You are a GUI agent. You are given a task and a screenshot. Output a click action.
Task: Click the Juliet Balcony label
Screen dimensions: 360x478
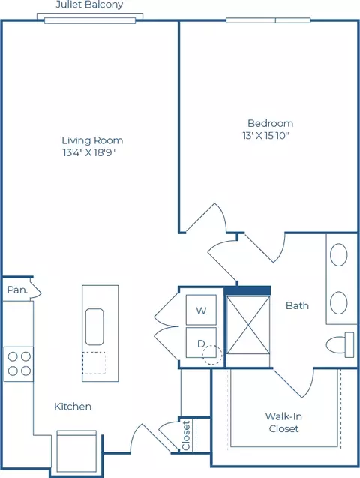pos(89,5)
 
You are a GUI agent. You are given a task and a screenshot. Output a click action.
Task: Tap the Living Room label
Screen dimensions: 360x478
pos(92,140)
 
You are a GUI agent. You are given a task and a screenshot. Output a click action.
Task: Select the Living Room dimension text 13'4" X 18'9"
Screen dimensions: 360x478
pos(89,152)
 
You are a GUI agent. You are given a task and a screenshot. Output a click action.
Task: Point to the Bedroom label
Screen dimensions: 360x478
pos(271,123)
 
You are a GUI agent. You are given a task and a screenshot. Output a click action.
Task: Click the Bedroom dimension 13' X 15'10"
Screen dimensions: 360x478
pos(265,135)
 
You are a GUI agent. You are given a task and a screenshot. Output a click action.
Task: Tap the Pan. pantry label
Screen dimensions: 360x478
pos(17,290)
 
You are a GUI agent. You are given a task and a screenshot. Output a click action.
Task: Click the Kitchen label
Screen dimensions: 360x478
pos(73,407)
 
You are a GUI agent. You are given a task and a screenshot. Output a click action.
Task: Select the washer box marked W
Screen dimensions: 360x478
pos(201,310)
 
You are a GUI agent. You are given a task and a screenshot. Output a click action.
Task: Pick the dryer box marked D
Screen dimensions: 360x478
pos(201,342)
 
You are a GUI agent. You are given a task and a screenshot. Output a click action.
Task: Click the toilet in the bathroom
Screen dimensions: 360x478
pos(340,344)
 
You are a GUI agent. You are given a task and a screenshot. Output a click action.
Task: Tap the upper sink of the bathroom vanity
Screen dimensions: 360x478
pos(339,254)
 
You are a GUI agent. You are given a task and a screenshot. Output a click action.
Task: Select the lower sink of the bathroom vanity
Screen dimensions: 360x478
pos(339,303)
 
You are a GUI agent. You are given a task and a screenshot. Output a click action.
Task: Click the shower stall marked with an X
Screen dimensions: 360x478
pos(248,325)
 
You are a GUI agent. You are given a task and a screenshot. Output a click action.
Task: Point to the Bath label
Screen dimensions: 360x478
pos(297,305)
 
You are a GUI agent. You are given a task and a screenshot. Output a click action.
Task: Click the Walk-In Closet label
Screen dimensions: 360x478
pos(283,422)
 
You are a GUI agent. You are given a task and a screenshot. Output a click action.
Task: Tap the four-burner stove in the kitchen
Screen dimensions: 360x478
pos(19,364)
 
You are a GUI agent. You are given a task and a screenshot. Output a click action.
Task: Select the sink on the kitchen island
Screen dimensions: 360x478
pos(94,327)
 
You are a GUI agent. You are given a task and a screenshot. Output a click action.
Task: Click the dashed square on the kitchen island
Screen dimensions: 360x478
pos(94,363)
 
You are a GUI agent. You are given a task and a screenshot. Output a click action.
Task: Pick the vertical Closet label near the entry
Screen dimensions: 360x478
pos(186,435)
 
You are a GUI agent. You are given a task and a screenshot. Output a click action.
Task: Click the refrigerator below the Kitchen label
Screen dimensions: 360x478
pos(76,452)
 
